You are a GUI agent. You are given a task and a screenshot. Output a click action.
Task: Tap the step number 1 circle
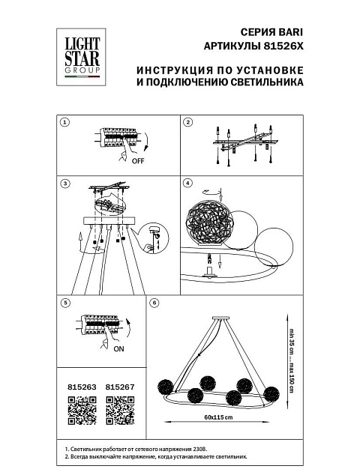point(65,123)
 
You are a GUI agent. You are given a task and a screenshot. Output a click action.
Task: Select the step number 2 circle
point(187,123)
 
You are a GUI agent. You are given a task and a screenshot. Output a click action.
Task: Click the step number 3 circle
point(65,184)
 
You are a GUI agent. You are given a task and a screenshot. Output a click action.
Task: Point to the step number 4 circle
point(187,184)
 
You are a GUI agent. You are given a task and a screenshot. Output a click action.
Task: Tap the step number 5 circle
point(65,303)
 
